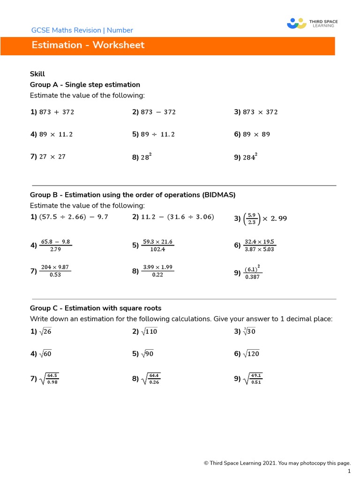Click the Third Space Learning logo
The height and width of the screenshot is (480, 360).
pos(312,23)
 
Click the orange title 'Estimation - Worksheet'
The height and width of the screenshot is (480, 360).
pos(88,45)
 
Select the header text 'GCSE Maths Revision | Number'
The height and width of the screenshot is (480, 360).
pos(82,30)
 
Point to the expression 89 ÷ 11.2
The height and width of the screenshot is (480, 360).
pos(157,135)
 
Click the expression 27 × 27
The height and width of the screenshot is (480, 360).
pos(52,157)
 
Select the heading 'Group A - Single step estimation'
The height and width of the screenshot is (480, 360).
pos(85,85)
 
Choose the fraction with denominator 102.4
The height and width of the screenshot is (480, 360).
pos(158,246)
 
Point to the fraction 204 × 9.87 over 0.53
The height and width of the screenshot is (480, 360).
pos(55,271)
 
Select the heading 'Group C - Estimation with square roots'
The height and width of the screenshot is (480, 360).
pos(96,308)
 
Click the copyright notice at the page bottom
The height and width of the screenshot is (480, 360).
pos(277,463)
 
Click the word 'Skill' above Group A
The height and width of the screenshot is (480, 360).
pos(37,74)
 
